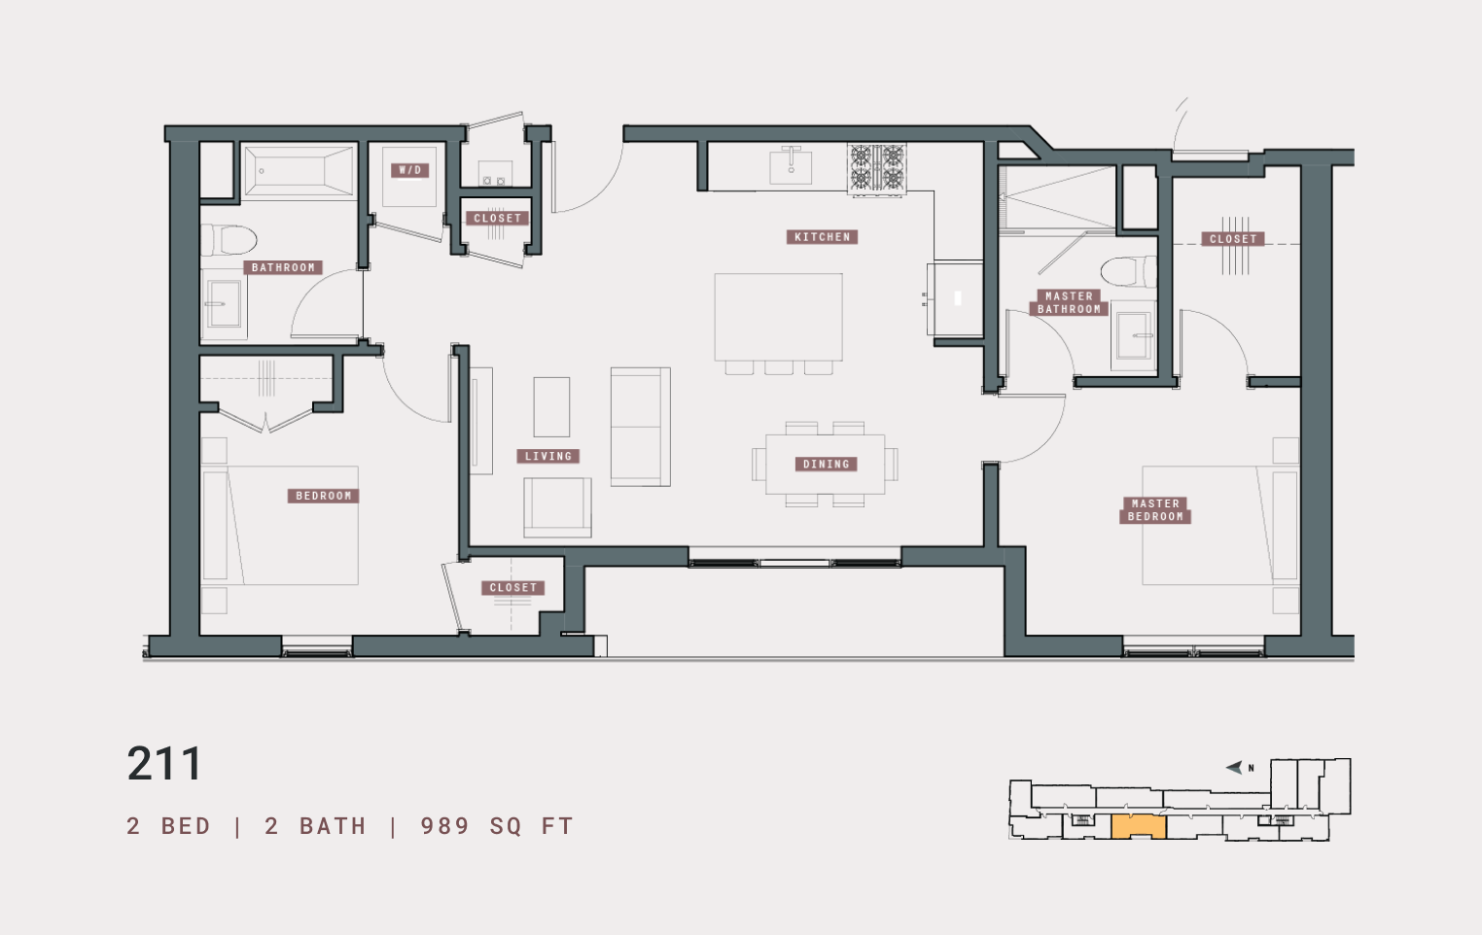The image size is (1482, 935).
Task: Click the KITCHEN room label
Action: click(x=822, y=237)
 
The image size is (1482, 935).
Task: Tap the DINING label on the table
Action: click(x=826, y=465)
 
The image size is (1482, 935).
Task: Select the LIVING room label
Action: click(x=548, y=456)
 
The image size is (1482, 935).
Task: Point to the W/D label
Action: click(x=410, y=170)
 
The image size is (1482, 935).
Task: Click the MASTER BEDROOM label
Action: click(x=1155, y=510)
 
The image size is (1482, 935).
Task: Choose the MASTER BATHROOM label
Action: click(x=1069, y=302)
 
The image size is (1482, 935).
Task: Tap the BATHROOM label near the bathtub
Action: click(x=283, y=267)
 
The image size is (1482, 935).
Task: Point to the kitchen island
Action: click(x=778, y=317)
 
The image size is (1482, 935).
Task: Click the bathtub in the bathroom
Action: click(x=298, y=171)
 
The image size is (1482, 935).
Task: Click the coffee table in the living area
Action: click(x=551, y=407)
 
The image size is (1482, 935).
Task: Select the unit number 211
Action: click(x=164, y=764)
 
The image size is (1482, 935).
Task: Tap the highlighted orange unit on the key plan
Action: click(x=1138, y=826)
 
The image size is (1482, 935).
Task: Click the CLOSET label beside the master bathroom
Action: click(x=1233, y=239)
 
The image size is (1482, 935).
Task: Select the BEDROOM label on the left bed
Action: click(x=323, y=496)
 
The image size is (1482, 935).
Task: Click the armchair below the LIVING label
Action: click(x=557, y=506)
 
